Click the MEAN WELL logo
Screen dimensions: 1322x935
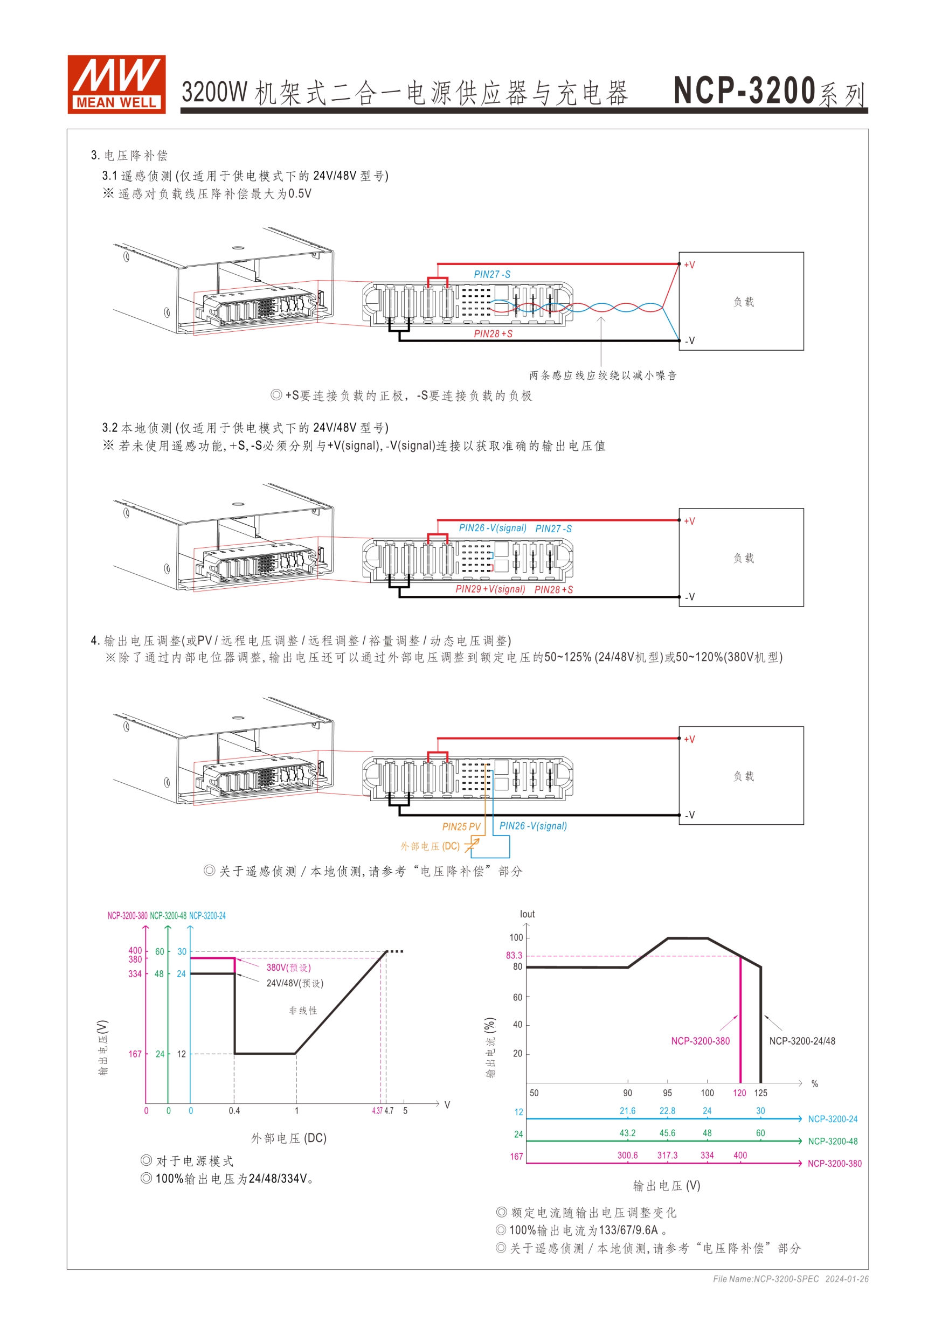pos(116,84)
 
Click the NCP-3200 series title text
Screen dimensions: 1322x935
pos(769,92)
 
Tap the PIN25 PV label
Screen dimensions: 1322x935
pos(461,827)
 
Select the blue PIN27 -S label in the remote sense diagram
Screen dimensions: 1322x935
pos(492,275)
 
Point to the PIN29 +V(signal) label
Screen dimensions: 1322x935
pos(490,589)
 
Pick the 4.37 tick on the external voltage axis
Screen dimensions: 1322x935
pos(377,1111)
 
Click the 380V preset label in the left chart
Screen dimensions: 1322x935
pos(288,968)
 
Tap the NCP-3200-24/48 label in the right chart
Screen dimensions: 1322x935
pos(802,1041)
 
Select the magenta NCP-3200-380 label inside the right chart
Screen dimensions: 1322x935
pos(700,1041)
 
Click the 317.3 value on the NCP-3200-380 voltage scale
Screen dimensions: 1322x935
pos(667,1156)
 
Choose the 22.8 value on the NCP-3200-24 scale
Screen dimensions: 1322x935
pos(667,1111)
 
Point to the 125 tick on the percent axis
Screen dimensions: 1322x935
pos(760,1093)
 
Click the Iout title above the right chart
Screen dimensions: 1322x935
pos(527,914)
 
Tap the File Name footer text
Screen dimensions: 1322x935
pos(791,1279)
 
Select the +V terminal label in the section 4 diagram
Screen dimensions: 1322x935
pos(690,739)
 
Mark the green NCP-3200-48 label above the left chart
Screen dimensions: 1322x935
pos(168,915)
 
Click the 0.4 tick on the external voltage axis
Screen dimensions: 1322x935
pos(234,1111)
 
